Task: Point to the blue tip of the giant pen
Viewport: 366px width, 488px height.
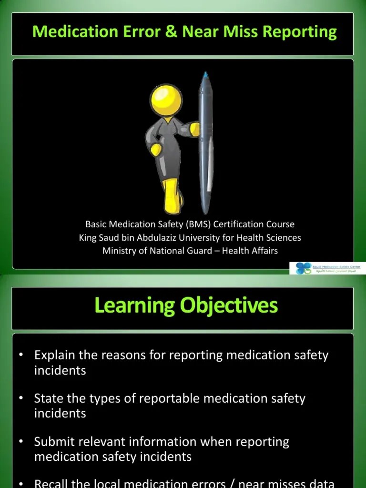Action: pyautogui.click(x=205, y=75)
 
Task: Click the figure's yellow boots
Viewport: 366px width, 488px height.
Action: pyautogui.click(x=171, y=195)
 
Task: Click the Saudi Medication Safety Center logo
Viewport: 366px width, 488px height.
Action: pyautogui.click(x=303, y=268)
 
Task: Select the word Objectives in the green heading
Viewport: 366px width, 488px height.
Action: pyautogui.click(x=229, y=305)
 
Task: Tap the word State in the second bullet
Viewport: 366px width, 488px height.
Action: pyautogui.click(x=47, y=398)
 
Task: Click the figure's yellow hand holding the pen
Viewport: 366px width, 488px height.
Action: pyautogui.click(x=194, y=127)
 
